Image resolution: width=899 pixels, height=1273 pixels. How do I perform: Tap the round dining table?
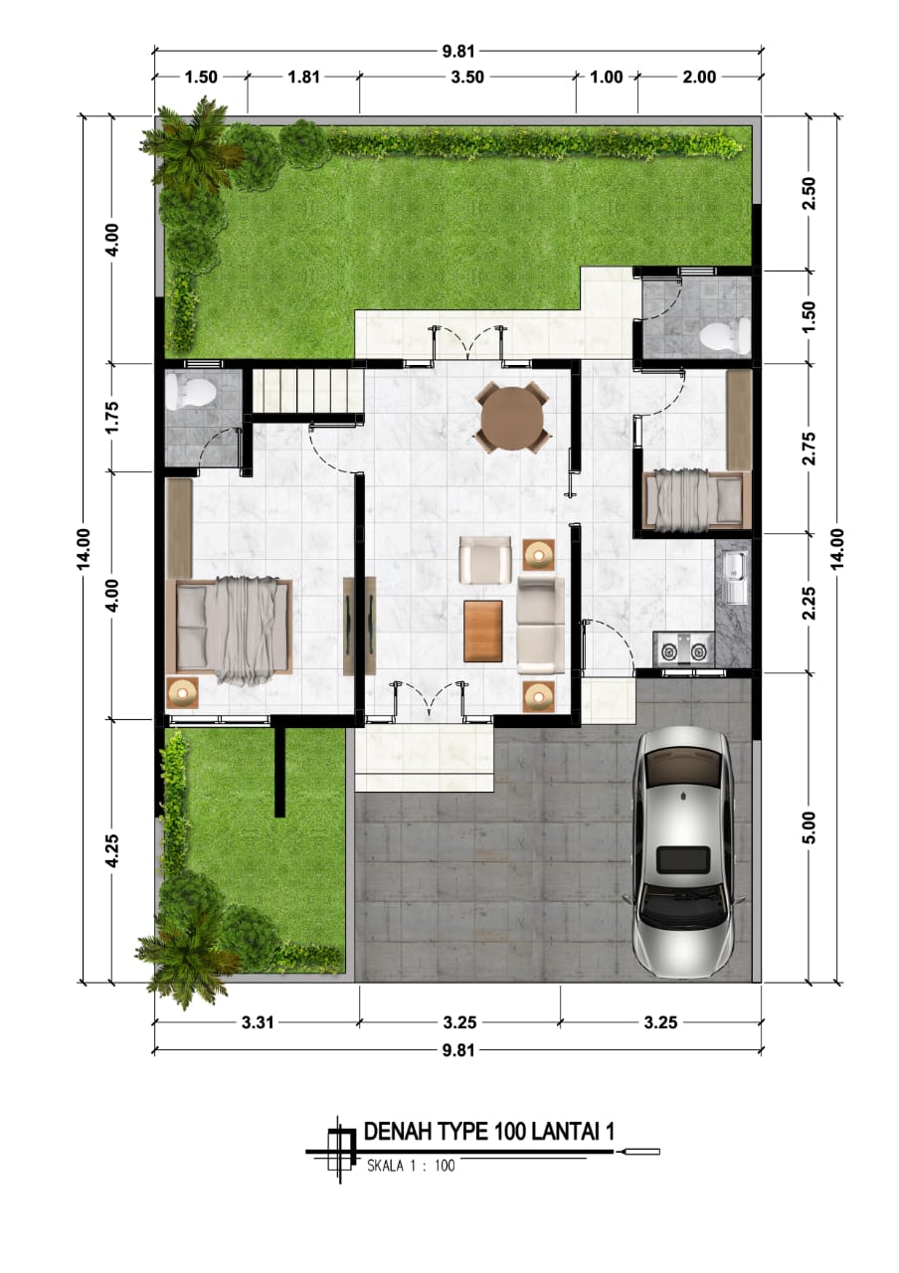pyautogui.click(x=512, y=419)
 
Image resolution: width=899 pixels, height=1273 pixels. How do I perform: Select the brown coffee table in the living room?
pyautogui.click(x=483, y=631)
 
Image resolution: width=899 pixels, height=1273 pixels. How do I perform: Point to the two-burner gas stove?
pyautogui.click(x=683, y=651)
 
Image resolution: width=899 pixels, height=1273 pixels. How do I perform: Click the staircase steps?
pyautogui.click(x=307, y=392)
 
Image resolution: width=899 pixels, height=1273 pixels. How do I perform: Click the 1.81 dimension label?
pyautogui.click(x=304, y=77)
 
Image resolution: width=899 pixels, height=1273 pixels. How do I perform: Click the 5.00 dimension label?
pyautogui.click(x=809, y=828)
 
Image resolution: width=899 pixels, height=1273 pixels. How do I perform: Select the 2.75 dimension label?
pyautogui.click(x=809, y=449)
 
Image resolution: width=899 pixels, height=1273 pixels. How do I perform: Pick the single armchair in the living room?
pyautogui.click(x=485, y=559)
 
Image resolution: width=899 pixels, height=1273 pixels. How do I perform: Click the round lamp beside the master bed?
pyautogui.click(x=182, y=693)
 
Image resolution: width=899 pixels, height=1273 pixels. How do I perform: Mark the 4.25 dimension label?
pyautogui.click(x=112, y=850)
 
